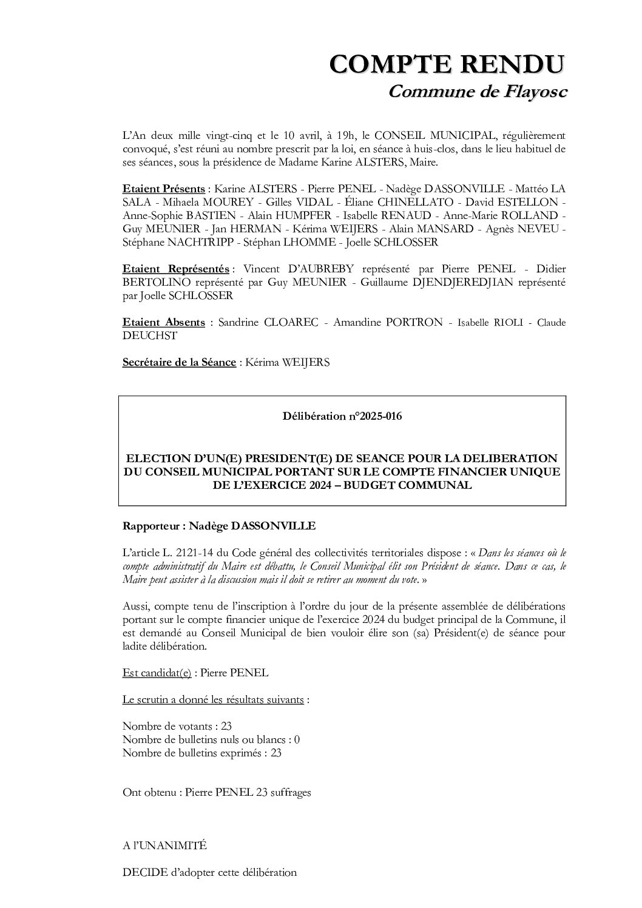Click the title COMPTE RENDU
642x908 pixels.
pyautogui.click(x=447, y=64)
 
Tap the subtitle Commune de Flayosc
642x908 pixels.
pyautogui.click(x=478, y=92)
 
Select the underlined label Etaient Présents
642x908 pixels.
pyautogui.click(x=163, y=189)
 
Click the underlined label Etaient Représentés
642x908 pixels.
pyautogui.click(x=176, y=269)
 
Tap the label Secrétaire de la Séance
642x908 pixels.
pyautogui.click(x=179, y=362)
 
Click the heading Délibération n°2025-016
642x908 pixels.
pyautogui.click(x=342, y=417)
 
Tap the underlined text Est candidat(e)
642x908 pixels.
pyautogui.click(x=157, y=673)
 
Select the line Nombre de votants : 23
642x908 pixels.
pyautogui.click(x=177, y=726)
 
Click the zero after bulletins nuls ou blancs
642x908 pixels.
pyautogui.click(x=297, y=739)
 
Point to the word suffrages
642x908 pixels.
pyautogui.click(x=290, y=792)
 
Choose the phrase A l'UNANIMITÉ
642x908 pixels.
pyautogui.click(x=164, y=845)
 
